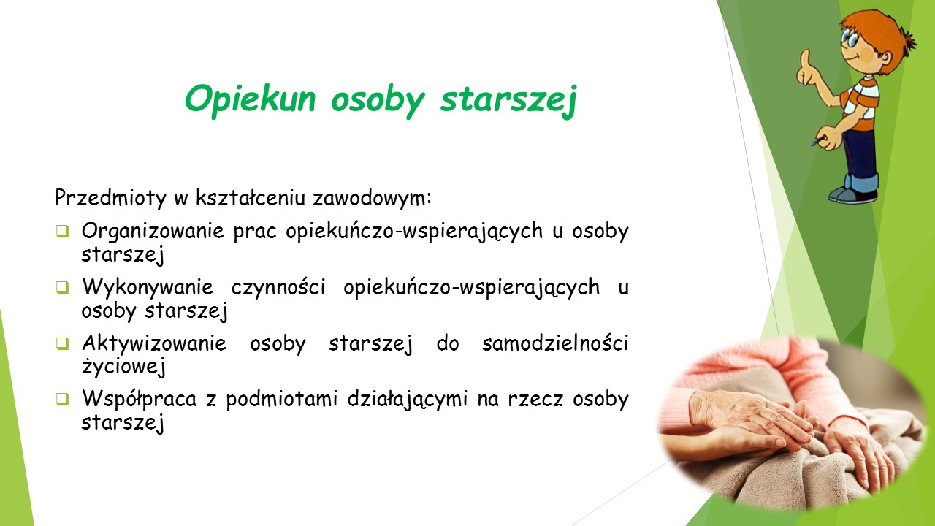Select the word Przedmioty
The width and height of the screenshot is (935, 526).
[x=110, y=198]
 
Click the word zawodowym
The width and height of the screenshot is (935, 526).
[x=372, y=197]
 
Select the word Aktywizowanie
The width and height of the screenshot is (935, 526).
[x=154, y=344]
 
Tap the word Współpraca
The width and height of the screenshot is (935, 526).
[x=139, y=400]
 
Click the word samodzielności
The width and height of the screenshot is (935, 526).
[x=555, y=343]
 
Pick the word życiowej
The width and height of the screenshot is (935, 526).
[x=123, y=367]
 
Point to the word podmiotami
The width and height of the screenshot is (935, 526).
[x=282, y=400]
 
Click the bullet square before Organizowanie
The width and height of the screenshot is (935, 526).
[x=62, y=232]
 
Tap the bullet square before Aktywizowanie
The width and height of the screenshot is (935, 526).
[x=62, y=343]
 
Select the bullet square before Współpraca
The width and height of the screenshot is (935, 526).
[x=62, y=399]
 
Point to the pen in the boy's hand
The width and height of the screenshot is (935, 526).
[x=819, y=141]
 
